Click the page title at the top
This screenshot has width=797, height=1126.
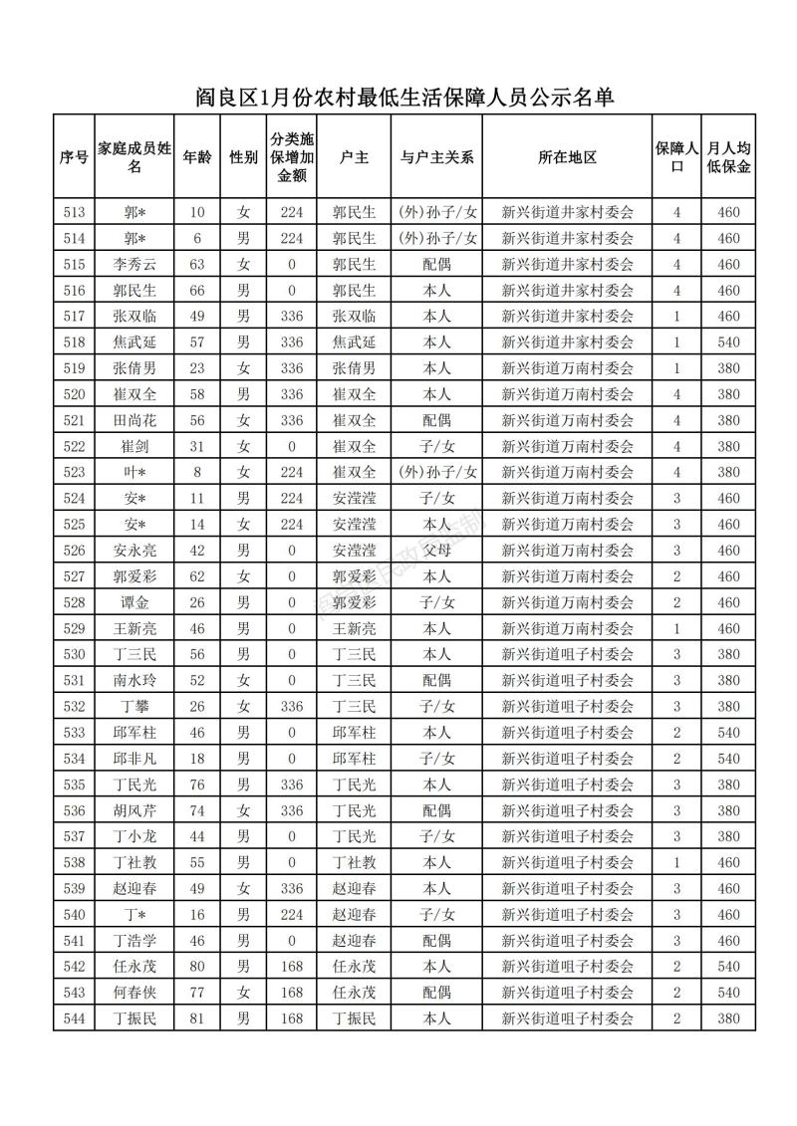[x=402, y=97]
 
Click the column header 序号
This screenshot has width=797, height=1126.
[x=74, y=157]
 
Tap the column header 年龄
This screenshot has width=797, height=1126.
[x=196, y=157]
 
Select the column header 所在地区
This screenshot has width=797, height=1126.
[x=567, y=157]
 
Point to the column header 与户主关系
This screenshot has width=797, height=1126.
[x=436, y=157]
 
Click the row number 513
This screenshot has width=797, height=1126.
[x=74, y=212]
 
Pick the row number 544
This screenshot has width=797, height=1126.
[x=74, y=1017]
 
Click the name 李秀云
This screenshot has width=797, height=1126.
[x=135, y=264]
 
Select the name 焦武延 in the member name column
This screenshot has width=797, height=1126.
[x=135, y=342]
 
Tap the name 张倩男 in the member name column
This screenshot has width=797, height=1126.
[x=135, y=368]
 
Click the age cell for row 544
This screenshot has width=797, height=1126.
[x=196, y=1017]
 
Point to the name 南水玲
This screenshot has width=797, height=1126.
[x=135, y=680]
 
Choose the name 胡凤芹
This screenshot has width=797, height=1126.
[x=135, y=809]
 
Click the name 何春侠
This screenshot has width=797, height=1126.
[x=135, y=992]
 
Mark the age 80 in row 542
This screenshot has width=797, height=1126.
[x=196, y=966]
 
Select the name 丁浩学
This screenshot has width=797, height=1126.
[x=135, y=940]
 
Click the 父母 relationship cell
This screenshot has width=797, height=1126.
[x=436, y=550]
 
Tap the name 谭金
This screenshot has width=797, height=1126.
[x=135, y=602]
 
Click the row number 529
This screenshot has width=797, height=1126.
[x=74, y=628]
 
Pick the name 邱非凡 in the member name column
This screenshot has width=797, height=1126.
[x=135, y=758]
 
